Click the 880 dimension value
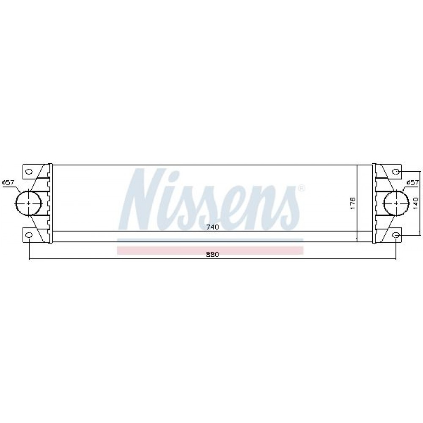pos(212,254)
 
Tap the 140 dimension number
pos(415,203)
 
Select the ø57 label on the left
pos(8,183)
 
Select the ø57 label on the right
pos(413,183)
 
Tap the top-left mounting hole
pos(29,171)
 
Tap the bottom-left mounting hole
pos(29,235)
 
